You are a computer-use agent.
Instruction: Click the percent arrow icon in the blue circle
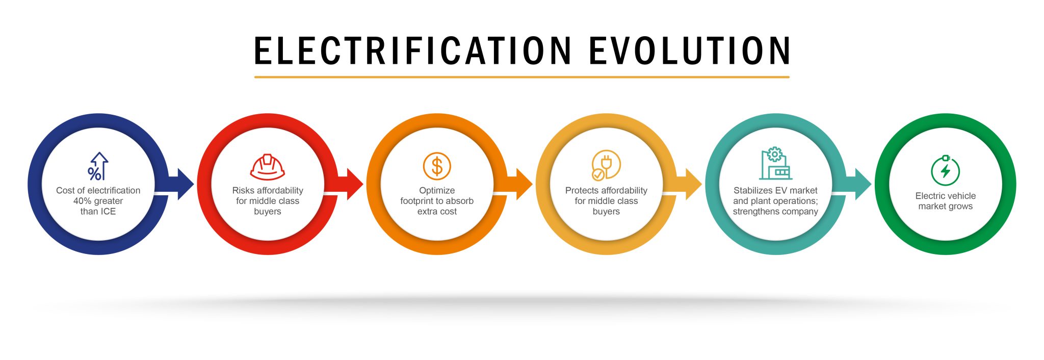pos(98,166)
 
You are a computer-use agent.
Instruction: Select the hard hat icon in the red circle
pos(267,167)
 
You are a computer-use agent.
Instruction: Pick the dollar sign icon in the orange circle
pos(437,166)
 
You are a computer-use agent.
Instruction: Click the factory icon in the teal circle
pos(775,164)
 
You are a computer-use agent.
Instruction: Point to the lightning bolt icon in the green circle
pos(946,170)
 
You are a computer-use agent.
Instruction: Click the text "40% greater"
pos(98,201)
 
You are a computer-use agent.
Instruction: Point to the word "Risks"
pos(243,190)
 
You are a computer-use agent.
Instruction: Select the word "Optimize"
pos(437,191)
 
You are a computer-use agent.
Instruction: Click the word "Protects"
pos(582,190)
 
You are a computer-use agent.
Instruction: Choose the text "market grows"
pos(946,207)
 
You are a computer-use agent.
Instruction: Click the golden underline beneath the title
pos(522,77)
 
